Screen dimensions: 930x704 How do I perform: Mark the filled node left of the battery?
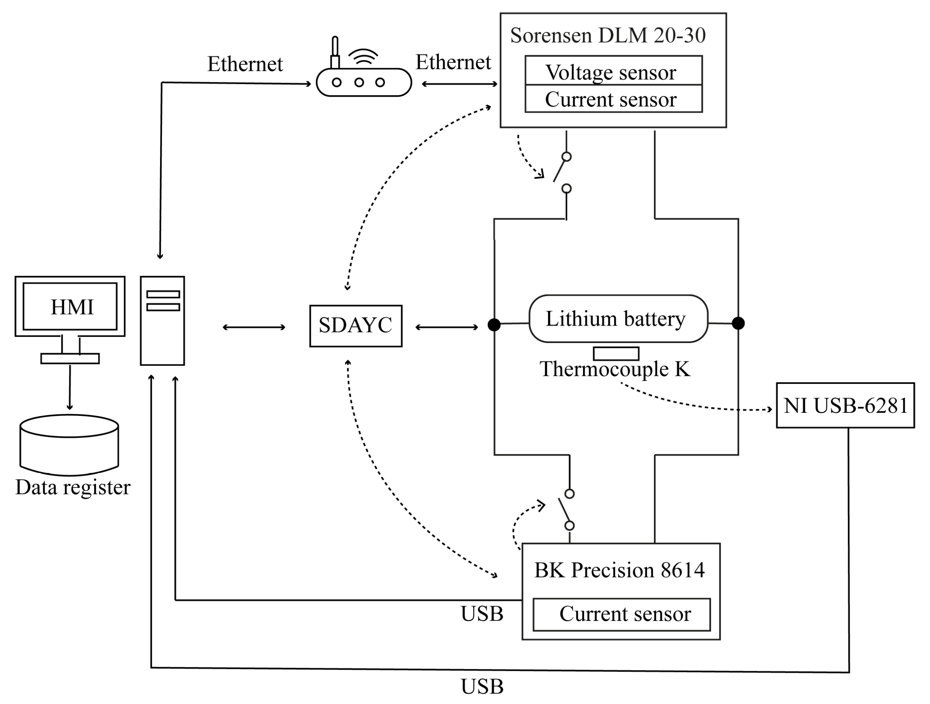click(x=494, y=324)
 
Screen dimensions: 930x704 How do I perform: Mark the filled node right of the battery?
click(x=738, y=323)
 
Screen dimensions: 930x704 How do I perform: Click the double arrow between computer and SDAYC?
click(x=254, y=327)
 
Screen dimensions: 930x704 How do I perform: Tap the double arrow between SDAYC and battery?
click(x=447, y=327)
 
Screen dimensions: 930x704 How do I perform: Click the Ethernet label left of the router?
click(x=245, y=64)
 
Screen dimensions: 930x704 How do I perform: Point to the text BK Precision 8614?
click(x=619, y=570)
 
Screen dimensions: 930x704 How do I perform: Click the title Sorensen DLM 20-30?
click(x=608, y=35)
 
